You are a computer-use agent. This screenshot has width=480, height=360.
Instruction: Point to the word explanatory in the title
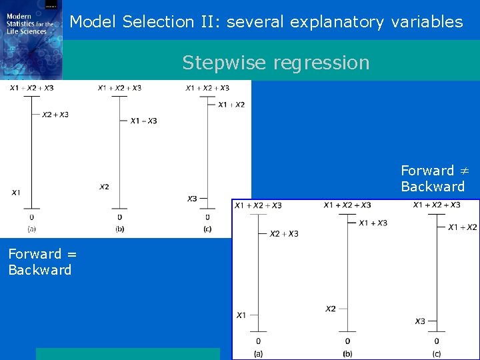[337, 22]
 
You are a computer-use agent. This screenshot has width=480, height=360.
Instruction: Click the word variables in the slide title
[427, 22]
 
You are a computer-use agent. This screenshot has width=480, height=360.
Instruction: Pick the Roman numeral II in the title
[206, 22]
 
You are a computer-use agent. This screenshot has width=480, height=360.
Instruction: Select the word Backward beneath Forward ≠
[432, 187]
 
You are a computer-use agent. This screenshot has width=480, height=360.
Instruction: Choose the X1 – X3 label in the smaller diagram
[143, 121]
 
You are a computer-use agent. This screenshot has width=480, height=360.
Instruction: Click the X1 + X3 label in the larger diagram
[373, 223]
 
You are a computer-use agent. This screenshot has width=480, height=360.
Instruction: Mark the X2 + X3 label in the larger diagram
[284, 234]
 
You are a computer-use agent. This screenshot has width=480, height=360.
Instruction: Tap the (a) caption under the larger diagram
[258, 353]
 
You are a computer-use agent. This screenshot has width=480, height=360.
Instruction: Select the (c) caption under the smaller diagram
[207, 229]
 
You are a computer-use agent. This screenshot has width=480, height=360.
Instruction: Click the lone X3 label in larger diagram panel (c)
[420, 321]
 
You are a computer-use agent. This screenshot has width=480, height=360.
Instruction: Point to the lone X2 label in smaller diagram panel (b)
[104, 187]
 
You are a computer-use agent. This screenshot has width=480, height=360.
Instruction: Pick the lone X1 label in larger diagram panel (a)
[241, 315]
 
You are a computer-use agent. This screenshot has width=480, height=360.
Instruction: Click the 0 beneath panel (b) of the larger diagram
[347, 341]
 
